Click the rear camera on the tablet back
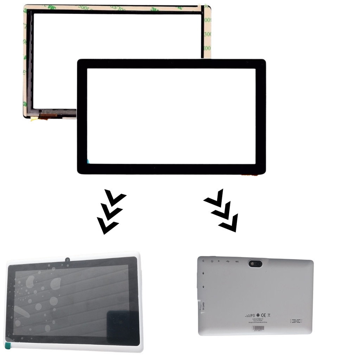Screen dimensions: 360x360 pyautogui.click(x=255, y=263)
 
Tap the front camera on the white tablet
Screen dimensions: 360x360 pyautogui.click(x=67, y=260)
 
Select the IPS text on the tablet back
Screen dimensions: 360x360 pyautogui.click(x=250, y=315)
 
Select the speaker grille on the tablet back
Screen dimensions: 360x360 pyautogui.click(x=296, y=321)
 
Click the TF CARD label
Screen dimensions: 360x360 pyautogui.click(x=203, y=306)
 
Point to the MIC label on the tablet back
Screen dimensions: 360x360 pyautogui.click(x=237, y=262)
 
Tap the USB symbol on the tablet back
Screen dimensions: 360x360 pyautogui.click(x=228, y=261)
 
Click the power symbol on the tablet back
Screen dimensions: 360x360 pyautogui.click(x=212, y=261)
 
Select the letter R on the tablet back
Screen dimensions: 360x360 pyautogui.click(x=219, y=261)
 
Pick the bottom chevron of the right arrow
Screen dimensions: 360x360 pyautogui.click(x=229, y=224)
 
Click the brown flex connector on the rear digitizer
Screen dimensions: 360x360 pyautogui.click(x=47, y=116)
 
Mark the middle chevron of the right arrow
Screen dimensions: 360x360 pyautogui.click(x=221, y=211)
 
